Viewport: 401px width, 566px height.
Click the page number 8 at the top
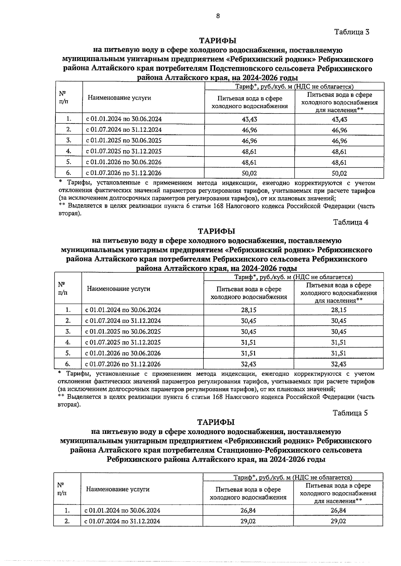(x=218, y=16)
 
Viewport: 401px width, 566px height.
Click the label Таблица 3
(x=352, y=32)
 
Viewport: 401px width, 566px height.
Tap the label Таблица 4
(x=351, y=223)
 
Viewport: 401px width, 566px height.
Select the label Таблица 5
(x=350, y=413)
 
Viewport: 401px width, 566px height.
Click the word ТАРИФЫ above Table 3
(x=218, y=40)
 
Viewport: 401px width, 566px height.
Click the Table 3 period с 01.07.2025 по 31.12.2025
(x=124, y=152)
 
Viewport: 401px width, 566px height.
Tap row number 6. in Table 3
(x=69, y=173)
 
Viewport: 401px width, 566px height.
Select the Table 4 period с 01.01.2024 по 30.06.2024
(x=123, y=310)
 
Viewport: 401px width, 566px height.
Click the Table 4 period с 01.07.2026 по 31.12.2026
(x=123, y=364)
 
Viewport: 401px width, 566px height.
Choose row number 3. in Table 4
(x=68, y=332)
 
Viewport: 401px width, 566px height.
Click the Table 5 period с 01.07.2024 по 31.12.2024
(x=122, y=521)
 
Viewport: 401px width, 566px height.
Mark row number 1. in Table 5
(x=67, y=511)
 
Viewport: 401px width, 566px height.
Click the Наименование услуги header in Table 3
(x=119, y=98)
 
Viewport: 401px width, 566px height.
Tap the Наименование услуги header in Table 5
(x=118, y=489)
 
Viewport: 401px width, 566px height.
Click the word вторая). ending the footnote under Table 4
(x=69, y=404)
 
